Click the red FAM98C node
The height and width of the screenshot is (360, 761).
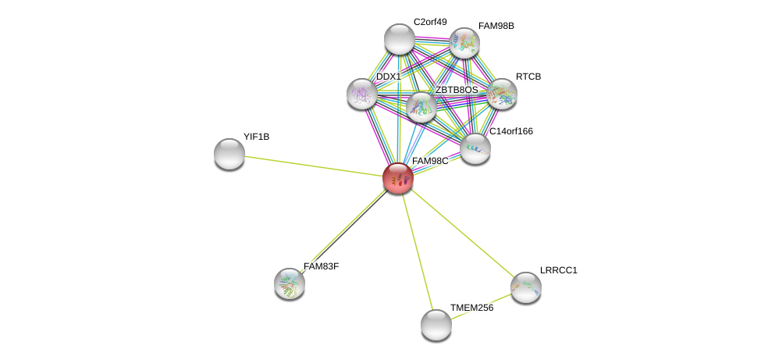[397, 178]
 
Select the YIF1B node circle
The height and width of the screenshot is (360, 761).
[229, 154]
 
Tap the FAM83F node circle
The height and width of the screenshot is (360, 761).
[290, 283]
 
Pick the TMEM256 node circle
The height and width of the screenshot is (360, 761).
[436, 324]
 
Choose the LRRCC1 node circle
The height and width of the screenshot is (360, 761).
[526, 287]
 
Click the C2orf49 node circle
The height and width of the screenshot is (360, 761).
[400, 39]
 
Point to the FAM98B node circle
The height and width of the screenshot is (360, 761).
[464, 43]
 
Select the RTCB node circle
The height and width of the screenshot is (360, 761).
[502, 94]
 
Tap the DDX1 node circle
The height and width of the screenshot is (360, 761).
[362, 94]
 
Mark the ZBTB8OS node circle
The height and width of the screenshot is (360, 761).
[421, 108]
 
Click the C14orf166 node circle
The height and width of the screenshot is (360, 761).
[475, 148]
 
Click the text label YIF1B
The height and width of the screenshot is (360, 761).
[256, 137]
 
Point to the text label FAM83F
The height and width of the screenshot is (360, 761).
[321, 266]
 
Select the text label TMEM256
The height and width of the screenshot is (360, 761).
[471, 308]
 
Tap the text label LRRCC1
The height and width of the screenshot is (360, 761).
[558, 270]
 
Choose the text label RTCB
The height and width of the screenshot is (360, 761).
[528, 77]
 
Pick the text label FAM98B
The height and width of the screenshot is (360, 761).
[496, 26]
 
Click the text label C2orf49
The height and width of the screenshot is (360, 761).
[430, 22]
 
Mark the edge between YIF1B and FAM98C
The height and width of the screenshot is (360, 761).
[312, 166]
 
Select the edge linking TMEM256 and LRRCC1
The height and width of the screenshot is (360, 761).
[482, 305]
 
